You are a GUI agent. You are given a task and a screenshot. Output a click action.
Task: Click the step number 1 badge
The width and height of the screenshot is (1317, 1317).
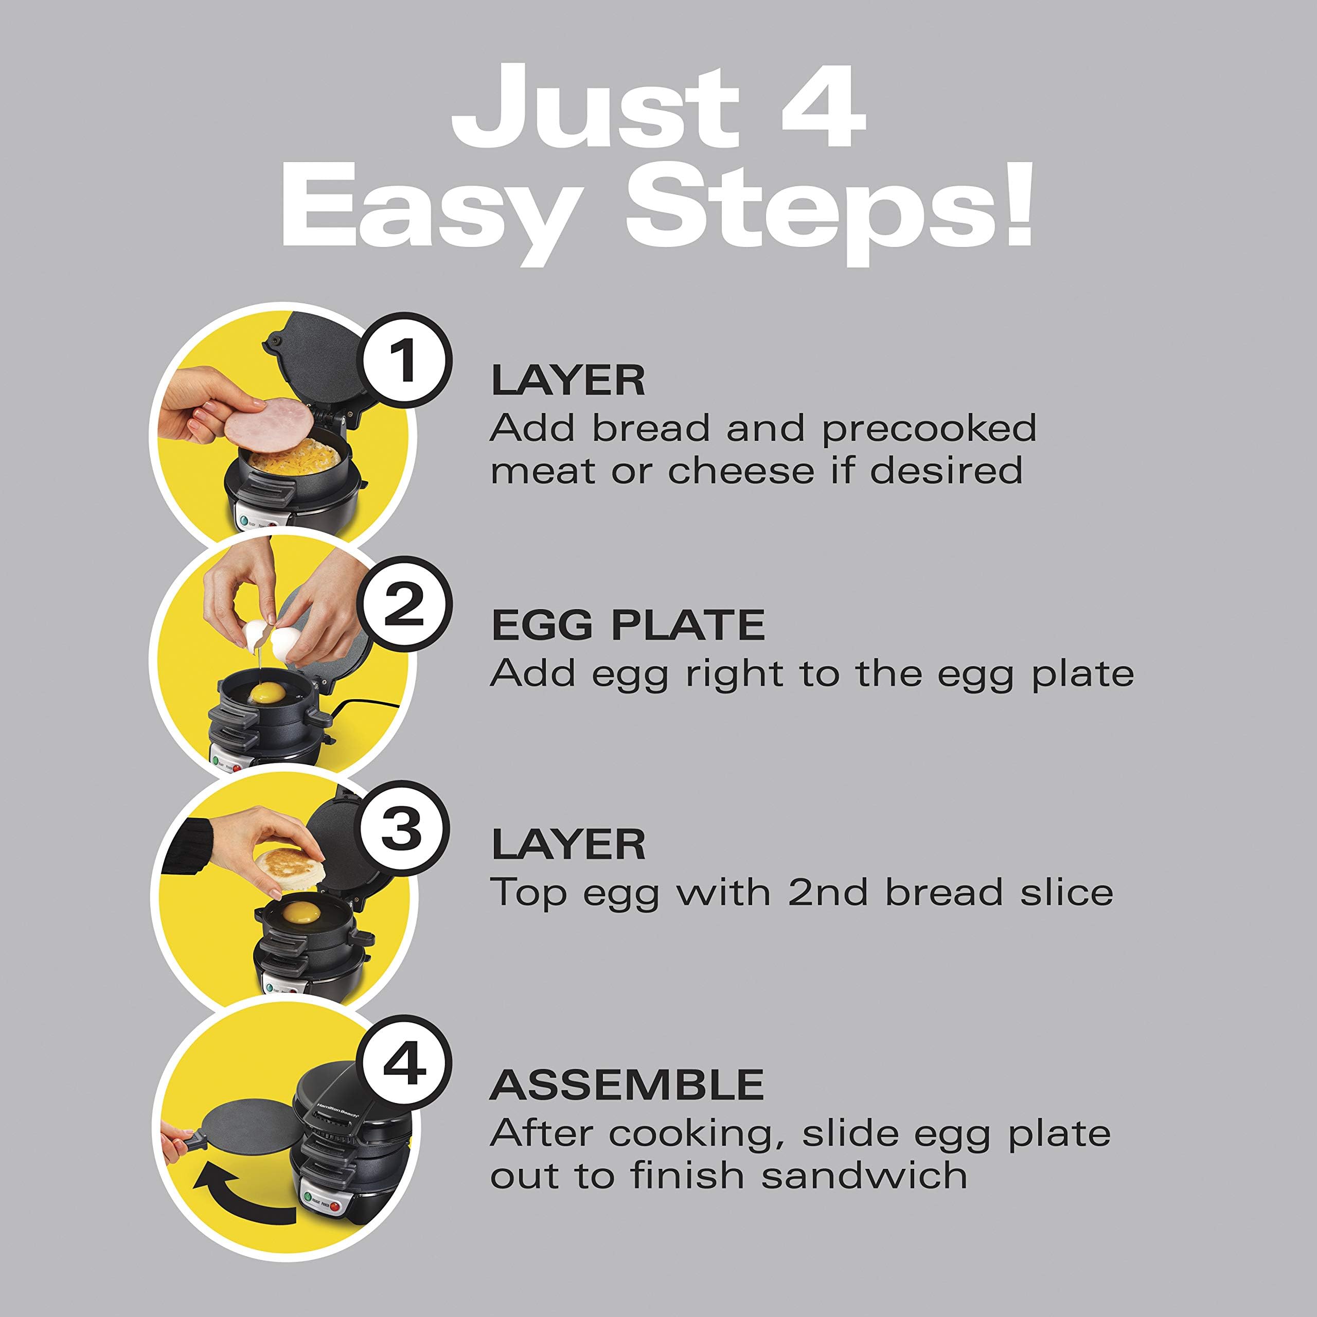405,363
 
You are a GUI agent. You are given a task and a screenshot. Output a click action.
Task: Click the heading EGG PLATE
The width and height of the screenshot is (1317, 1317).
628,625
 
